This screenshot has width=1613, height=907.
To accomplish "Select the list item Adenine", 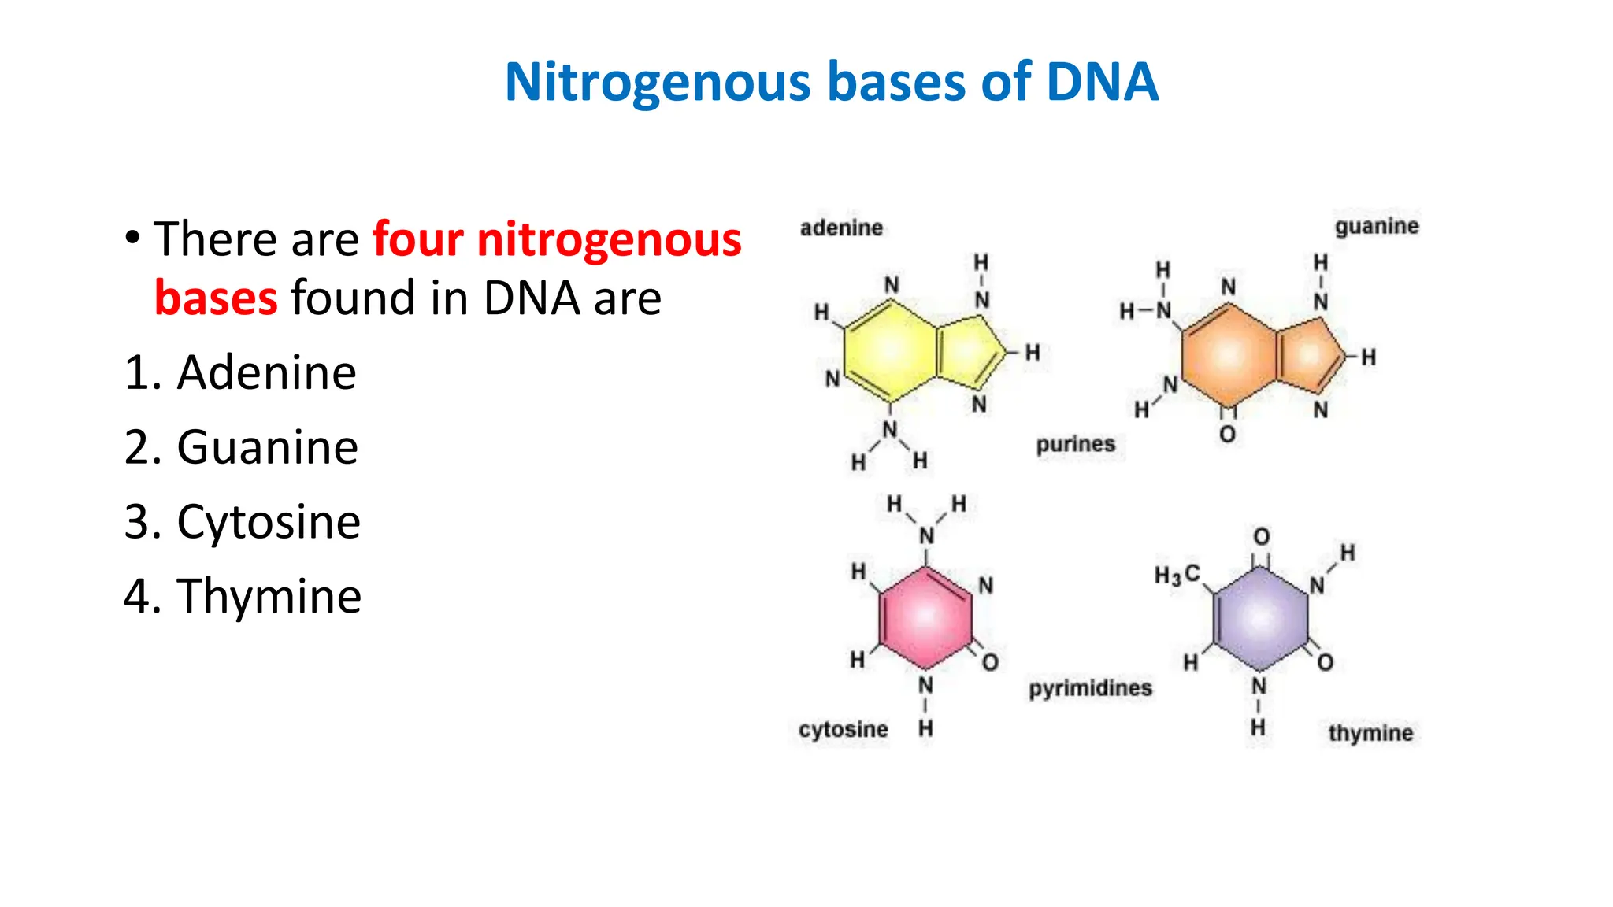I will [x=266, y=372].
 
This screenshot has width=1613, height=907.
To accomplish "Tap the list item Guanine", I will [x=267, y=447].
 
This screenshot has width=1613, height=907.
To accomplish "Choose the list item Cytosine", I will [x=269, y=521].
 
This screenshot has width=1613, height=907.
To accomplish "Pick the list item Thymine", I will [x=269, y=596].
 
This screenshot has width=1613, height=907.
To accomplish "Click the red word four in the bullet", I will [x=417, y=239].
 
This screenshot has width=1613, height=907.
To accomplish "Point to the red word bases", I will [x=216, y=298].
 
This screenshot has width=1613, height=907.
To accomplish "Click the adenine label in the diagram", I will [x=841, y=228].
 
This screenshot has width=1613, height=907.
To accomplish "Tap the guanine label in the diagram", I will [x=1376, y=227].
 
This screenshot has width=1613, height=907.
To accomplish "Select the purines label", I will [x=1075, y=444].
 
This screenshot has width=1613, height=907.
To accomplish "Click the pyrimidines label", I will [x=1090, y=688].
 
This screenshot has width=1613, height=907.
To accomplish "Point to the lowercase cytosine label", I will [x=843, y=730].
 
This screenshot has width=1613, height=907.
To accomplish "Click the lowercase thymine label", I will [x=1370, y=733].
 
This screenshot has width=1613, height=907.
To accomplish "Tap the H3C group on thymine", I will [x=1177, y=575].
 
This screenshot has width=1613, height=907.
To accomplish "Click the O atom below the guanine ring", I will [x=1227, y=434].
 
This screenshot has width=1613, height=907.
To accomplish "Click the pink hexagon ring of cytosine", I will [x=925, y=617].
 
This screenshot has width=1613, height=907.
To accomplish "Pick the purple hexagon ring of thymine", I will [x=1260, y=619].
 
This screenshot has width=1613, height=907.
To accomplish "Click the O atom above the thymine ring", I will [x=1262, y=537].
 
